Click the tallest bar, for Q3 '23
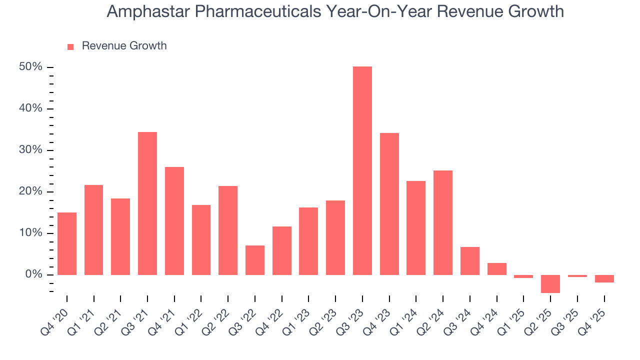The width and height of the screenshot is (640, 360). tap(362, 170)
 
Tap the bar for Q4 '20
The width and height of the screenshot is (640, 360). tap(67, 243)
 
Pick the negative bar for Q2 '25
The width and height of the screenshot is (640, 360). tap(550, 283)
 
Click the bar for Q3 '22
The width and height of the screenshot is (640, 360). tap(255, 260)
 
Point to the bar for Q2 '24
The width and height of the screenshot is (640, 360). tap(443, 222)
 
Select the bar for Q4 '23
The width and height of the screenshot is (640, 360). tap(389, 204)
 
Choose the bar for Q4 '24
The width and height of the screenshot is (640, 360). tap(496, 268)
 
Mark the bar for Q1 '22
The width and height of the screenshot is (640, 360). tap(201, 240)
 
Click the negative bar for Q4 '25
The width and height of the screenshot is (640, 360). tap(604, 278)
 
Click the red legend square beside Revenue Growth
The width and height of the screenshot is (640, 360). tap(70, 46)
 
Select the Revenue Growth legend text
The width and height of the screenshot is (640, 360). tap(124, 46)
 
